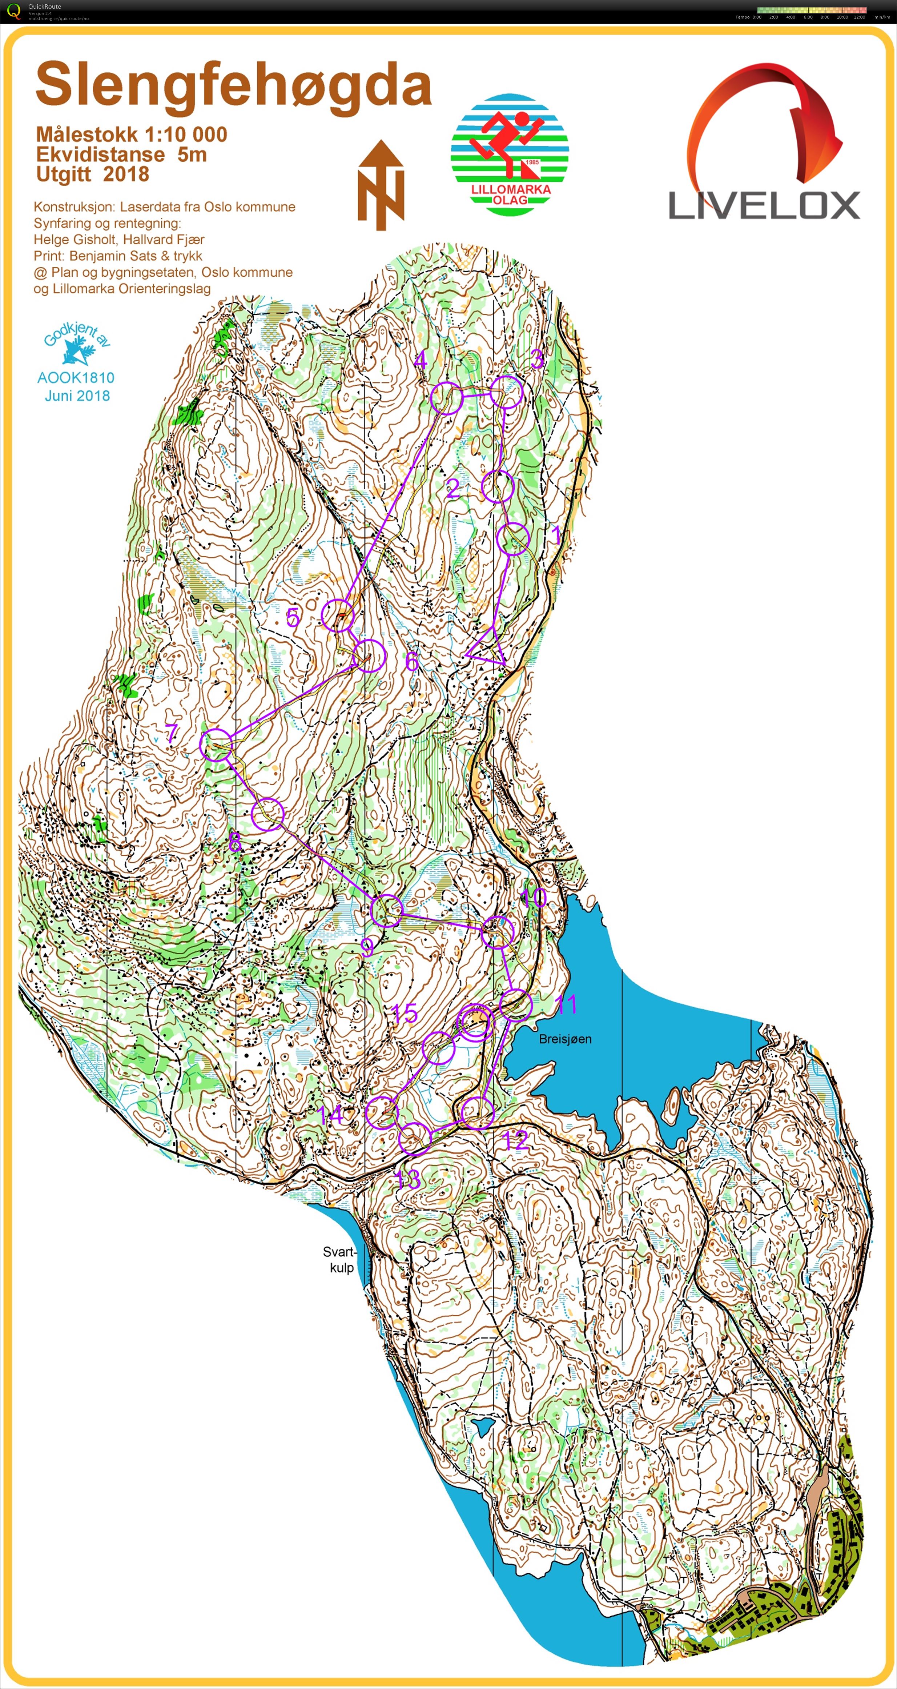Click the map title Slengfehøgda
pyautogui.click(x=233, y=85)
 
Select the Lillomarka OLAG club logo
pyautogui.click(x=510, y=155)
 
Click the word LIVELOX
pyautogui.click(x=764, y=205)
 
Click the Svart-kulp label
pyautogui.click(x=340, y=1260)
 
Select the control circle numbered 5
pyautogui.click(x=338, y=615)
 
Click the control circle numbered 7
pyautogui.click(x=216, y=745)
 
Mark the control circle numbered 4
pyautogui.click(x=447, y=398)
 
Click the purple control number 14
pyautogui.click(x=330, y=1114)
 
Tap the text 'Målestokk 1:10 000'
pyautogui.click(x=131, y=135)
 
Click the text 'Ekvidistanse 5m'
pyautogui.click(x=121, y=155)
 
